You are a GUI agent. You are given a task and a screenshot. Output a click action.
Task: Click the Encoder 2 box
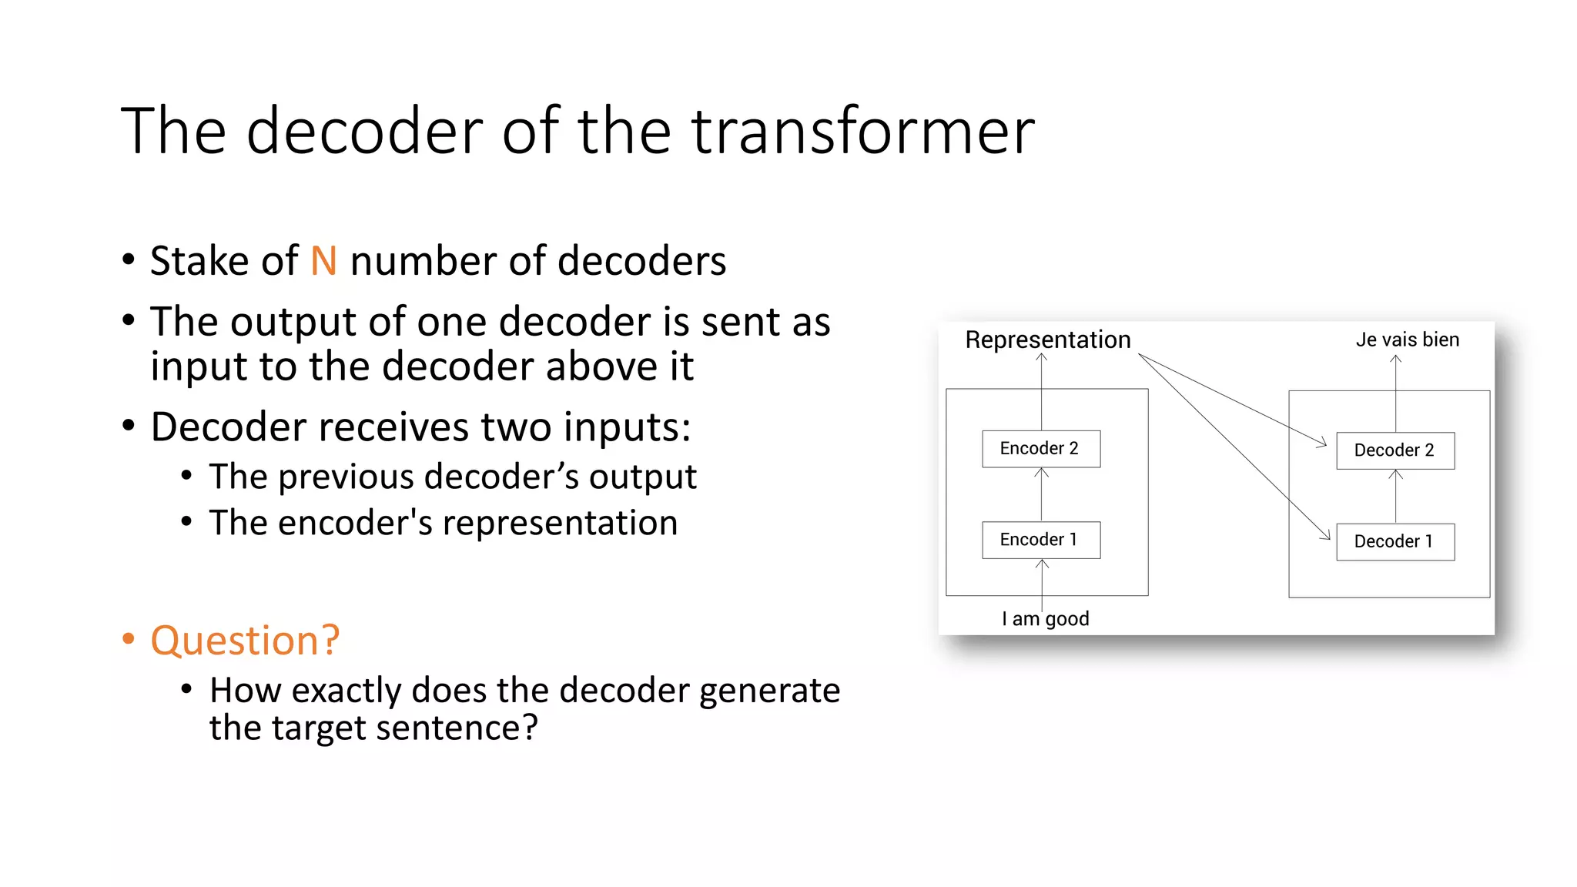pyautogui.click(x=1040, y=449)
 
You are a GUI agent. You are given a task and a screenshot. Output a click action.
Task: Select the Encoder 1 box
pyautogui.click(x=1040, y=540)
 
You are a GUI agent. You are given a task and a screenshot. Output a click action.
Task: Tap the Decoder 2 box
pyautogui.click(x=1395, y=450)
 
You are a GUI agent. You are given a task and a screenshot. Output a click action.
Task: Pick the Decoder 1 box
pyautogui.click(x=1395, y=541)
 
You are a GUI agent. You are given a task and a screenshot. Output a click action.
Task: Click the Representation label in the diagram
pyautogui.click(x=1047, y=340)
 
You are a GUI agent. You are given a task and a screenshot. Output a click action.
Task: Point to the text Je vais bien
pyautogui.click(x=1407, y=340)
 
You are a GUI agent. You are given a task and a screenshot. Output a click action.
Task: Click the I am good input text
pyautogui.click(x=1045, y=618)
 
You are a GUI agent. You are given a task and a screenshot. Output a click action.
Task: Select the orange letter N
pyautogui.click(x=323, y=261)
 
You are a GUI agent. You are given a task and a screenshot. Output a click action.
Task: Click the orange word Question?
pyautogui.click(x=245, y=641)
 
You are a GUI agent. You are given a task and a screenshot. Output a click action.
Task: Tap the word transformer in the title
pyautogui.click(x=862, y=131)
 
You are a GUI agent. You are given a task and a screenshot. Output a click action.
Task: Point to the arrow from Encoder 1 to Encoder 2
pyautogui.click(x=1041, y=494)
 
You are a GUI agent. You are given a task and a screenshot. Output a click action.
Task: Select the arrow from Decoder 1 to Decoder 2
pyautogui.click(x=1395, y=497)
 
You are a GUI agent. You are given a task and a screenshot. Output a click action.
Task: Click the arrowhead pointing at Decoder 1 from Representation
pyautogui.click(x=1325, y=534)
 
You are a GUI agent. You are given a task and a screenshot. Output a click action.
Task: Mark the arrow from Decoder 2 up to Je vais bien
pyautogui.click(x=1395, y=393)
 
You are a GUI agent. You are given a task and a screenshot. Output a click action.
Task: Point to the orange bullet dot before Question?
pyautogui.click(x=129, y=639)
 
